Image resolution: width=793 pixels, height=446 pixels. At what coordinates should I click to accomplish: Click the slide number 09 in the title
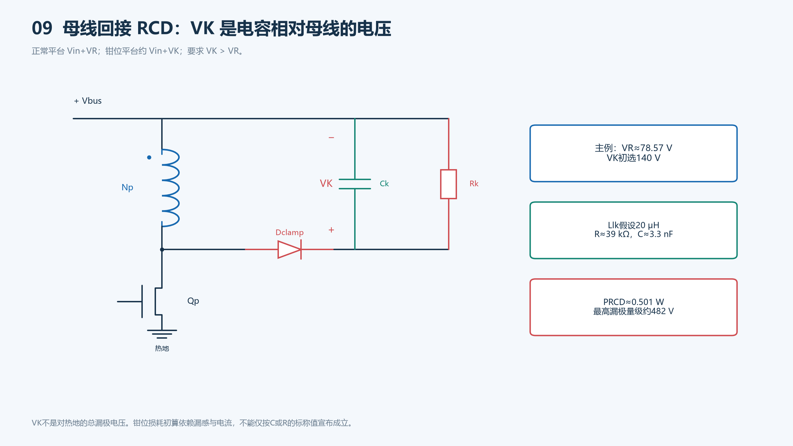click(x=42, y=28)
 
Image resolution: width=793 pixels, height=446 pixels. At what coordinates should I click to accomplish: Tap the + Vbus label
click(x=88, y=101)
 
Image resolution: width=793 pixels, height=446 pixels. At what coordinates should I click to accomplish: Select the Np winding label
click(x=127, y=188)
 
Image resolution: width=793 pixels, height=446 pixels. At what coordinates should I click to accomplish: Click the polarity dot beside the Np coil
click(x=149, y=158)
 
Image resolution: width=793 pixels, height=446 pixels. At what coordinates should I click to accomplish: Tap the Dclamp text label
click(x=289, y=233)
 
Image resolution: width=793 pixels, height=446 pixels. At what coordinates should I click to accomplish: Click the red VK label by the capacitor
click(x=326, y=184)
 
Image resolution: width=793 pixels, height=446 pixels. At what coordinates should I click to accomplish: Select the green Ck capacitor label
click(x=384, y=184)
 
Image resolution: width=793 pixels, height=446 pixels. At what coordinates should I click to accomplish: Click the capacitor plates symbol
click(x=355, y=184)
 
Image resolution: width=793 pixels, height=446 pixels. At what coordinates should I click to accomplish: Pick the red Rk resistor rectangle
click(x=448, y=184)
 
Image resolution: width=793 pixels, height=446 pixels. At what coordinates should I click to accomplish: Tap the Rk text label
click(x=474, y=184)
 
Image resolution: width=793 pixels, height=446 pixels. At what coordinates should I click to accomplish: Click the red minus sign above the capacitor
click(x=331, y=137)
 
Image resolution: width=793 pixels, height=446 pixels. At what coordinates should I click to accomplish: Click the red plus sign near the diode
click(x=331, y=230)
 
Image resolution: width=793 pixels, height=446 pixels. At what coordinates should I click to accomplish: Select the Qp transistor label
click(x=193, y=301)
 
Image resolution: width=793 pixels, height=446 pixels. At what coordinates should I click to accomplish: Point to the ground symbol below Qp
click(x=162, y=334)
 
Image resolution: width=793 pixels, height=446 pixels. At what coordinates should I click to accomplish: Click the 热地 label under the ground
click(x=162, y=349)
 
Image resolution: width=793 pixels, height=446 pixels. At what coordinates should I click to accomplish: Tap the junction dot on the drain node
click(x=162, y=249)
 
